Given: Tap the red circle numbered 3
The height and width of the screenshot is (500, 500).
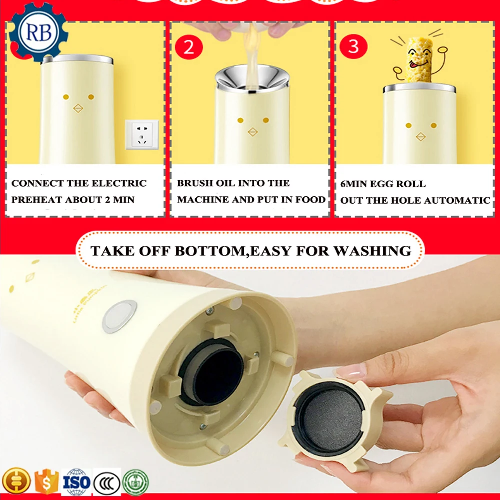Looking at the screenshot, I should pos(353,47).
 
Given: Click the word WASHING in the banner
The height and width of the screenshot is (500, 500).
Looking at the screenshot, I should pos(372,250).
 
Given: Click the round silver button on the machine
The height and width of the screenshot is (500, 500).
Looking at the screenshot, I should pos(120,316).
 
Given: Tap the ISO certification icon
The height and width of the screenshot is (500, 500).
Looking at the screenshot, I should pos(76,482).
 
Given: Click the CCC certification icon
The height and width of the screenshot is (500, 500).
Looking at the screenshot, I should pos(106,482).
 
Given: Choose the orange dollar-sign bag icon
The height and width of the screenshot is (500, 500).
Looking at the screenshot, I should pos(46,482).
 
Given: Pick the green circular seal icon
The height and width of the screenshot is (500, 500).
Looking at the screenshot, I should pos(135,482).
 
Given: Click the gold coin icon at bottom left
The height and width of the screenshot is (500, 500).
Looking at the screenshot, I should pos(16,482).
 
